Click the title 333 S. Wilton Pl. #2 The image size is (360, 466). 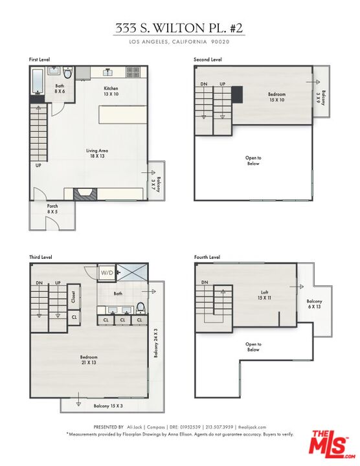(x=179, y=28)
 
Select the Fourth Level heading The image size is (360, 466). (x=207, y=257)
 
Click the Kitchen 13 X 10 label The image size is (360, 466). (x=111, y=91)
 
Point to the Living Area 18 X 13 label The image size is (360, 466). (x=97, y=153)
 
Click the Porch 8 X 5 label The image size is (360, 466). (x=52, y=209)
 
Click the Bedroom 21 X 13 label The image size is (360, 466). (x=89, y=361)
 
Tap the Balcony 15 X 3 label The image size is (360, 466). (x=109, y=405)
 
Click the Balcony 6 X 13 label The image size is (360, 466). (x=314, y=304)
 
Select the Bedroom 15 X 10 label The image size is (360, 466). (x=276, y=97)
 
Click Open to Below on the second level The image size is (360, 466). (x=253, y=161)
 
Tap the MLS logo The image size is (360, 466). (x=329, y=445)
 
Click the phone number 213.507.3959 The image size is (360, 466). (x=220, y=427)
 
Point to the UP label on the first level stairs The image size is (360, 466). (x=38, y=164)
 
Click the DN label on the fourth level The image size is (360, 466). (x=204, y=283)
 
